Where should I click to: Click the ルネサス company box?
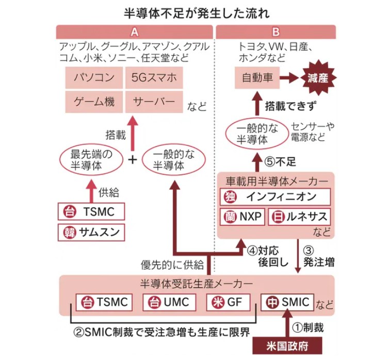coord(298,217)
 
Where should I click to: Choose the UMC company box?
coord(170,302)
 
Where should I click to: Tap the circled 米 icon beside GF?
coord(217,302)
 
